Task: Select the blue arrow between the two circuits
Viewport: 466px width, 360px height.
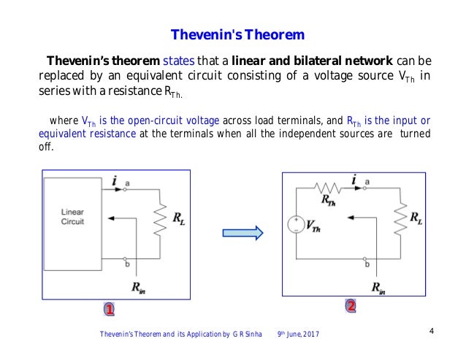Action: point(242,232)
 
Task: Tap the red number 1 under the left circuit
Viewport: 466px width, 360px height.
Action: point(108,310)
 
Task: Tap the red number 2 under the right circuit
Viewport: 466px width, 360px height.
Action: point(351,306)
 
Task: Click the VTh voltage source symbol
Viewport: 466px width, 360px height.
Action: point(296,225)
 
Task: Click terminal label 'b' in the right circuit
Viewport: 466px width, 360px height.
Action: point(367,264)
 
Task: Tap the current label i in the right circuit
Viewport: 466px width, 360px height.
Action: point(354,179)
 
